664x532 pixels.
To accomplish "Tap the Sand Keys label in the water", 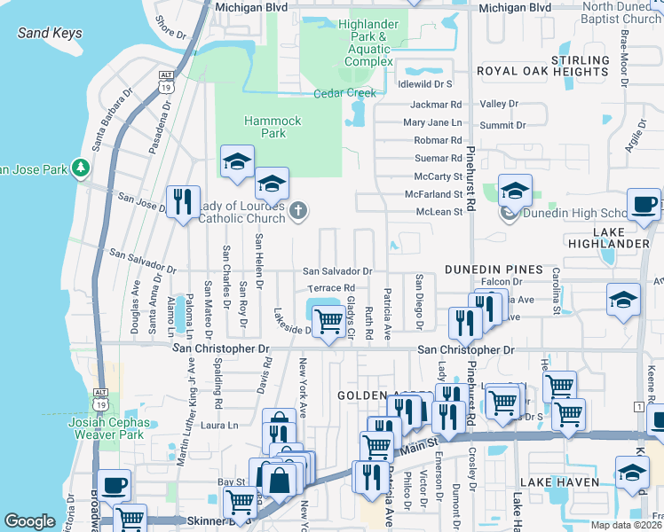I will [x=50, y=34].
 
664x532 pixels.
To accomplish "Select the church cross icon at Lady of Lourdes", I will [x=299, y=211].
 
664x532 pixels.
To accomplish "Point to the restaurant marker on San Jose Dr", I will [x=183, y=201].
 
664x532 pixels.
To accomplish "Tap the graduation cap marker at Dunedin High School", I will [x=514, y=191].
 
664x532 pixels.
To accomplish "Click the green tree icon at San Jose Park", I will [x=81, y=167].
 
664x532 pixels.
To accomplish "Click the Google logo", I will [x=29, y=521].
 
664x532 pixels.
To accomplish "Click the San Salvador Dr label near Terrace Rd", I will [x=337, y=270].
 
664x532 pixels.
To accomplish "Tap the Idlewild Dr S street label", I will [x=426, y=83].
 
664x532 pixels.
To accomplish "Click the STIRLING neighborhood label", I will [x=581, y=59].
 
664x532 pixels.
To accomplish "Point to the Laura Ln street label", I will [x=220, y=426].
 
